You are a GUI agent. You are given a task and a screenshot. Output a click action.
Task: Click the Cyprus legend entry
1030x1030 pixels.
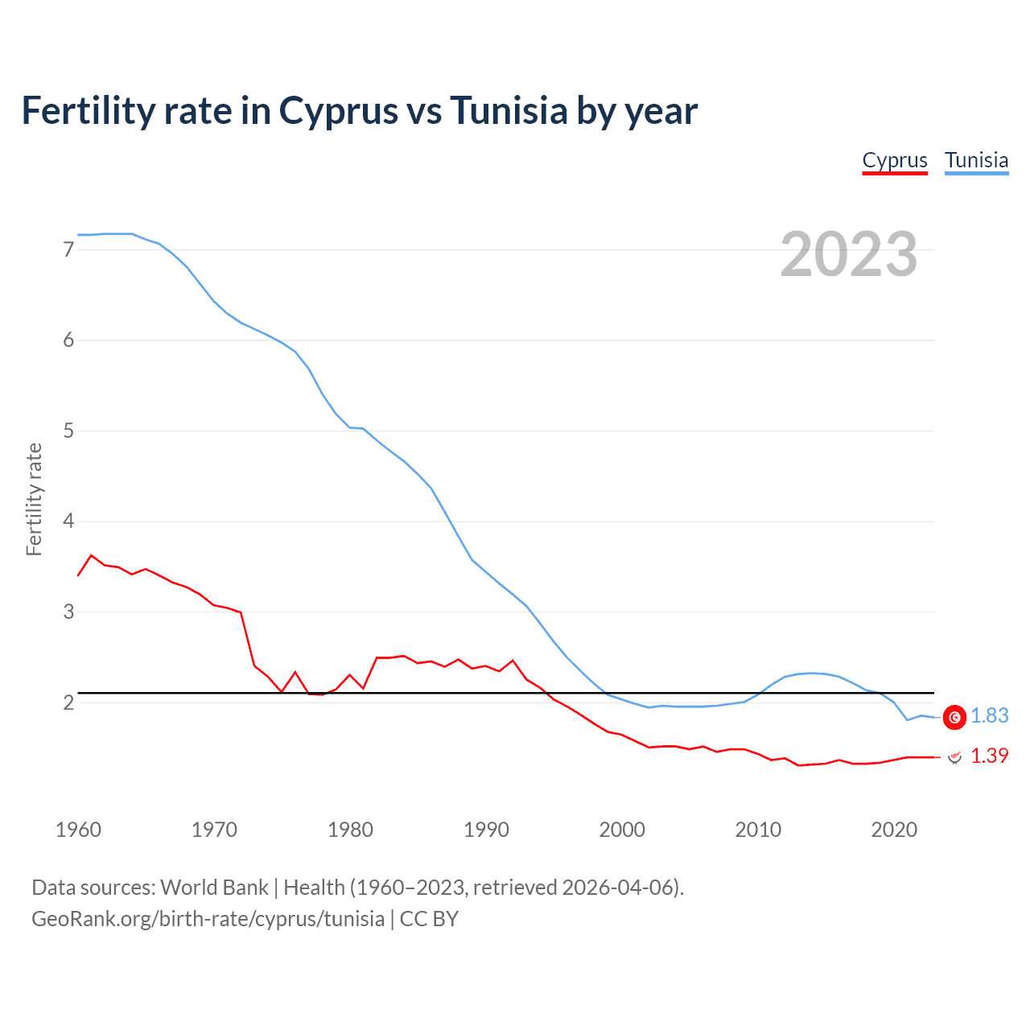[x=895, y=160]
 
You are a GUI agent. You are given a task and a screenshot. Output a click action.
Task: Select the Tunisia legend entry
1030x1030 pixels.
[x=976, y=160]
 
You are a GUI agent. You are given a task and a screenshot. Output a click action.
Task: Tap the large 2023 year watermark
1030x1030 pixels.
[x=848, y=254]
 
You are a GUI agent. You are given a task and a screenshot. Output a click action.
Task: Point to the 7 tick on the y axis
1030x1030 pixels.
[x=68, y=249]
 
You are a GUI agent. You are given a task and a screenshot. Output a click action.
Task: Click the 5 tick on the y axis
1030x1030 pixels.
[x=68, y=431]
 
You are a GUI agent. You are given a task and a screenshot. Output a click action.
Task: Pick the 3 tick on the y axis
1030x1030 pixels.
[x=68, y=612]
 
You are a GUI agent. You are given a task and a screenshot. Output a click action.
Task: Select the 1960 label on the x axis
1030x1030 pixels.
[x=78, y=830]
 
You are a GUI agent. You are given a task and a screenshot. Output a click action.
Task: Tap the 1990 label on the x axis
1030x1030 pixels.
[x=486, y=830]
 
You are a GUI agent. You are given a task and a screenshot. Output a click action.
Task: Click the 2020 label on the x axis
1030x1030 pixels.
[x=894, y=830]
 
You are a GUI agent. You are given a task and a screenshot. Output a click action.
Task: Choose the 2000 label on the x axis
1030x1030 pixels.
[x=622, y=830]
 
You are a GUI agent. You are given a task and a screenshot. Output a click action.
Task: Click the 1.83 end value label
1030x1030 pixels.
[x=989, y=715]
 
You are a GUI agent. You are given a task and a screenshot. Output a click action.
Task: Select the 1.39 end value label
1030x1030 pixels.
[x=989, y=756]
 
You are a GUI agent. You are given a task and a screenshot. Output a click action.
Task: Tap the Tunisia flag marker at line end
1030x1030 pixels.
[x=954, y=717]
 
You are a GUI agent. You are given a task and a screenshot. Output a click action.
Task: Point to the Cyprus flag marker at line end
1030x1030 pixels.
[x=954, y=757]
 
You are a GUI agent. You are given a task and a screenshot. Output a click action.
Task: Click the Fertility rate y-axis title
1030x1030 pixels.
[x=34, y=499]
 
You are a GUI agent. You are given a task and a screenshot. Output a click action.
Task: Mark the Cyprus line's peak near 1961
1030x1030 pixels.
[x=91, y=555]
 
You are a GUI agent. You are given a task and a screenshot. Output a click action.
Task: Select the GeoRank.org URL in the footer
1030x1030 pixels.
[x=208, y=919]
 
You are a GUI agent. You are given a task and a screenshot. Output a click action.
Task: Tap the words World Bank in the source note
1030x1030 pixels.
[x=214, y=888]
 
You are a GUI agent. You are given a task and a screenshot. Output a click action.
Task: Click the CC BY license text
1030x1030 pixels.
[x=429, y=919]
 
